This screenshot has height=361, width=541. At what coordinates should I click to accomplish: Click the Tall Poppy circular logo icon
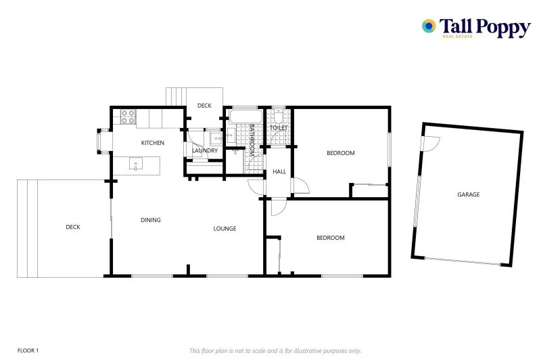[x=429, y=26]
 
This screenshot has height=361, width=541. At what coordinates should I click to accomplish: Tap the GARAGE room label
[x=468, y=194]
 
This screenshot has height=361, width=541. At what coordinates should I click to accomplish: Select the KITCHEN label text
[x=152, y=143]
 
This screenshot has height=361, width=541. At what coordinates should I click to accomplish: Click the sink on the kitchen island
[x=135, y=163]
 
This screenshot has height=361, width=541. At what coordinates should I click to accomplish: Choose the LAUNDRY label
[x=204, y=150]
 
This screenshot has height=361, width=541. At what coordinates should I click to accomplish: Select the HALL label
[x=279, y=172]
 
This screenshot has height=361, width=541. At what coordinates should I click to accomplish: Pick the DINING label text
[x=150, y=219]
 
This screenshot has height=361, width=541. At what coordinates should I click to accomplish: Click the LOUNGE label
[x=225, y=228]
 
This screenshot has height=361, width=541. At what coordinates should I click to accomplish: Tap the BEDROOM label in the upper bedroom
[x=340, y=153]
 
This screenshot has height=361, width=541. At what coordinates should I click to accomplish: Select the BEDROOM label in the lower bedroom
[x=331, y=238]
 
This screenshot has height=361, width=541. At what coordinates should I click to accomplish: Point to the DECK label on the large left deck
[x=73, y=227]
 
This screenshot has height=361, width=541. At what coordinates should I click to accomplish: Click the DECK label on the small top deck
[x=204, y=106]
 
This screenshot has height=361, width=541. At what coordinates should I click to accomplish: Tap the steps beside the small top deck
[x=176, y=97]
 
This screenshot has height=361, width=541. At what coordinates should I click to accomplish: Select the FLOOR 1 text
[x=28, y=350]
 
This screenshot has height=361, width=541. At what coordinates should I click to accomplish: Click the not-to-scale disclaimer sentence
[x=275, y=350]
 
